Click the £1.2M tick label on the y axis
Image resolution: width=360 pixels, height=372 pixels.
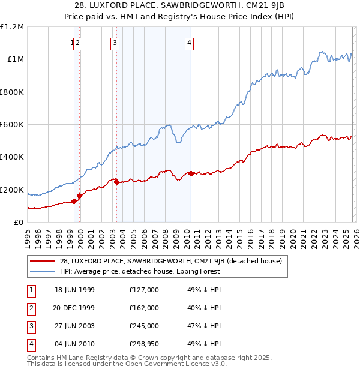[12, 27]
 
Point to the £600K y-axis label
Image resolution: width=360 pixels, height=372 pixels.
[12, 125]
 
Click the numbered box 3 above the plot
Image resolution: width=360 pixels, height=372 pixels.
[114, 43]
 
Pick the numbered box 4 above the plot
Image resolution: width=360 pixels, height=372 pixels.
[189, 43]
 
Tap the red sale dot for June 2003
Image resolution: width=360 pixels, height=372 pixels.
[116, 182]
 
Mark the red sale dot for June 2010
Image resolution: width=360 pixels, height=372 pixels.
[191, 173]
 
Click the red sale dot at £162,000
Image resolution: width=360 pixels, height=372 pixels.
[79, 196]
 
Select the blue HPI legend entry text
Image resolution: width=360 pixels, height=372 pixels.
[140, 271]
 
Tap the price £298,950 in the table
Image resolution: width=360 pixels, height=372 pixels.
[143, 344]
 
